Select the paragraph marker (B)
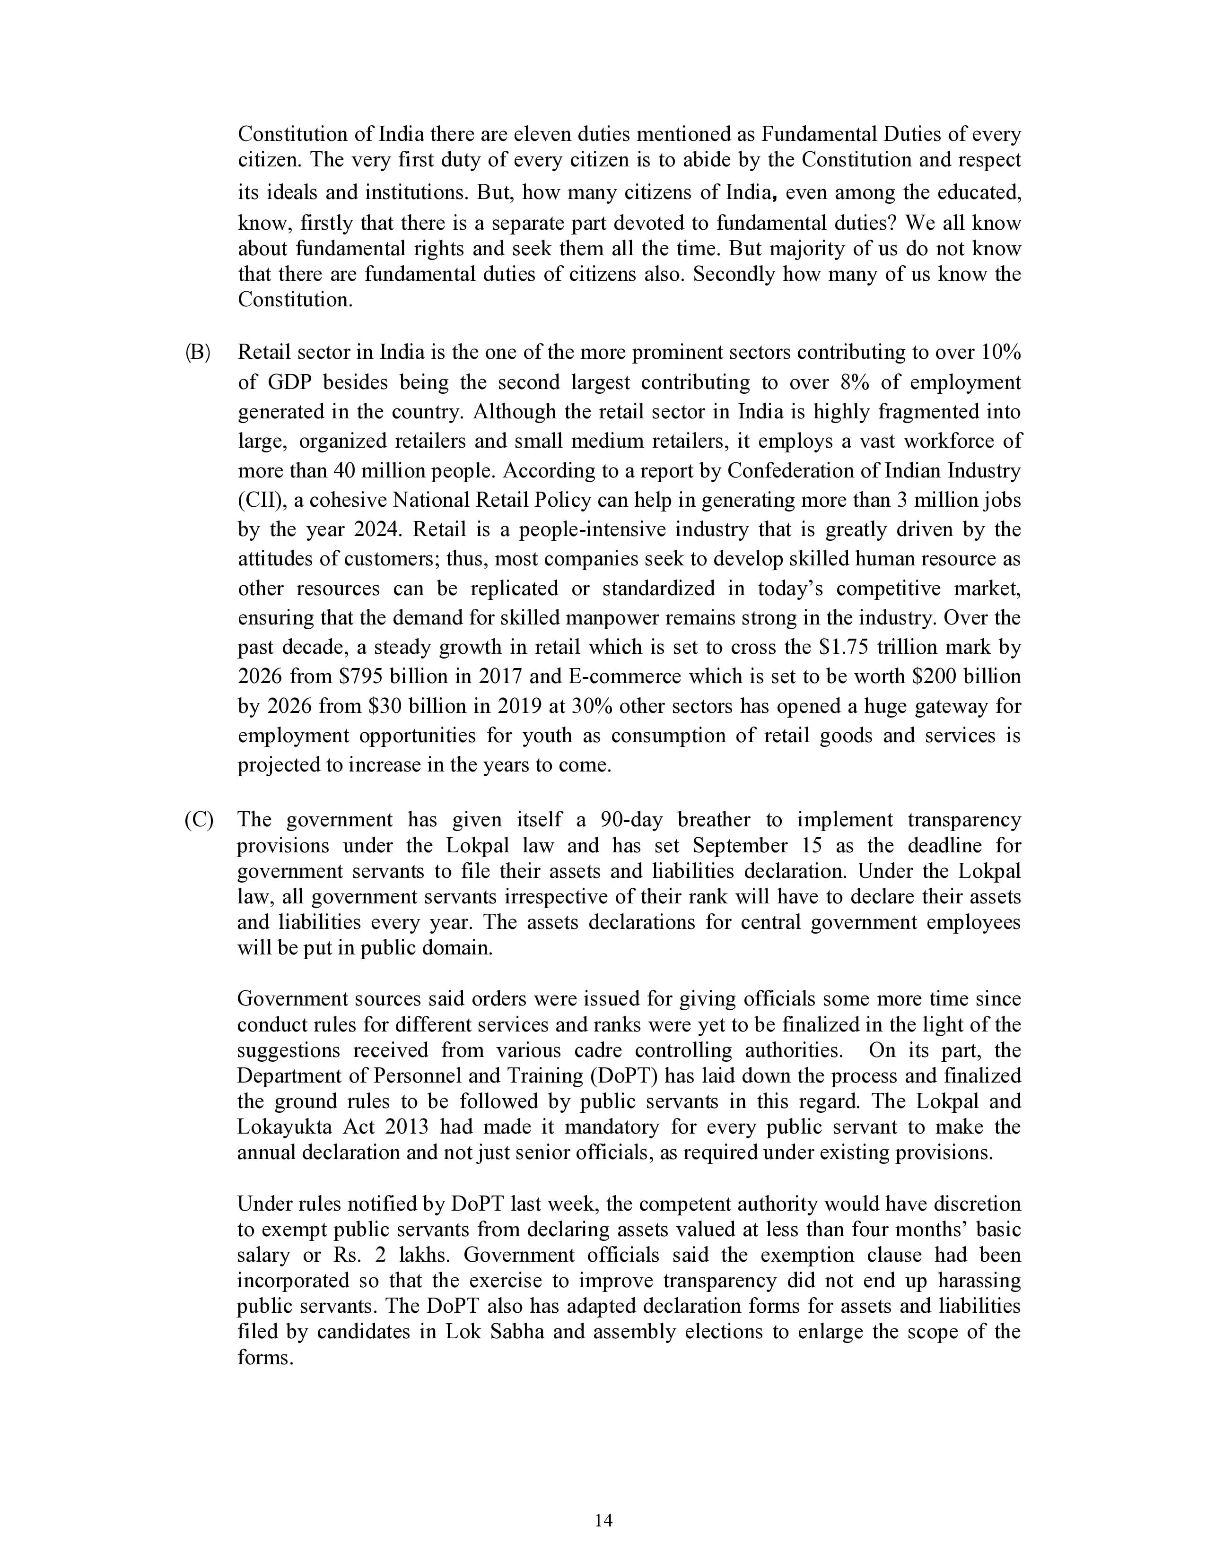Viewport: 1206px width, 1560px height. (198, 353)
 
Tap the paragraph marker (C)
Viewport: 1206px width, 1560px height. (199, 820)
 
